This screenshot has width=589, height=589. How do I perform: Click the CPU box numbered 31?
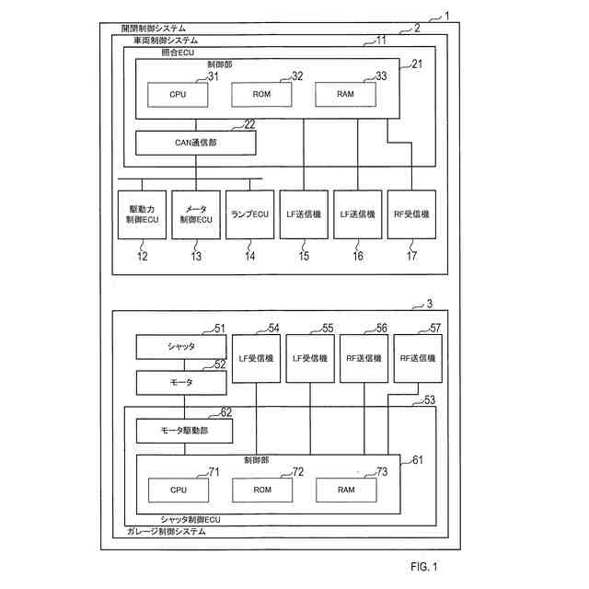[178, 95]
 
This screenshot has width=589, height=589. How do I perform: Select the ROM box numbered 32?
[260, 95]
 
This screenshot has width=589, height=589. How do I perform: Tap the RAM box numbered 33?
[346, 95]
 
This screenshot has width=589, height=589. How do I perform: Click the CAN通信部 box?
[195, 143]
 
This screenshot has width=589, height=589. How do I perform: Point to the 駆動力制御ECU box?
[142, 214]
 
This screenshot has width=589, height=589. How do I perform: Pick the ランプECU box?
[249, 214]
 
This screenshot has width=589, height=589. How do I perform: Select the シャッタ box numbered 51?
[181, 347]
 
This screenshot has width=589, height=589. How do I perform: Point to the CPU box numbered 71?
[178, 491]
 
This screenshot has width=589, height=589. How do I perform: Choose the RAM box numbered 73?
[346, 491]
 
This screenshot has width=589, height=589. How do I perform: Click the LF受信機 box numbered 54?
[257, 358]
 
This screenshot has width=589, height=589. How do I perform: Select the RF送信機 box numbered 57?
[418, 358]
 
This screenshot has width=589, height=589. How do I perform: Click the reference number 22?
[249, 125]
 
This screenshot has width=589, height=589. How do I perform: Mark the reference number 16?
[357, 256]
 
